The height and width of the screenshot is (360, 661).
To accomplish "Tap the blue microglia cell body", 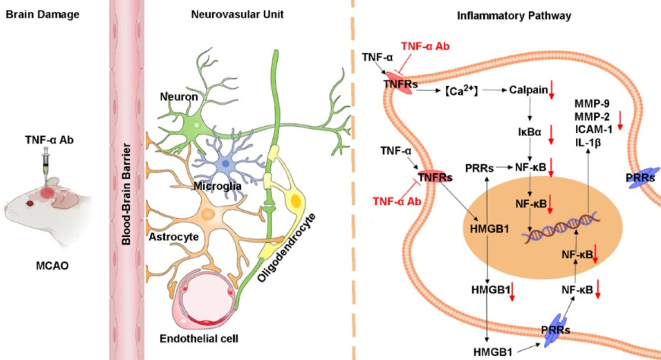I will click(228, 166).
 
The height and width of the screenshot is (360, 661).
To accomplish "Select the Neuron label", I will click(177, 96).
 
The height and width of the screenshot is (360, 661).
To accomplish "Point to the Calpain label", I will click(528, 90).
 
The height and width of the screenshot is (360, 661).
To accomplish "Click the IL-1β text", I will click(590, 141).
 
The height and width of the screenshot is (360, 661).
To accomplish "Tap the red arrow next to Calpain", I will click(554, 93).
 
